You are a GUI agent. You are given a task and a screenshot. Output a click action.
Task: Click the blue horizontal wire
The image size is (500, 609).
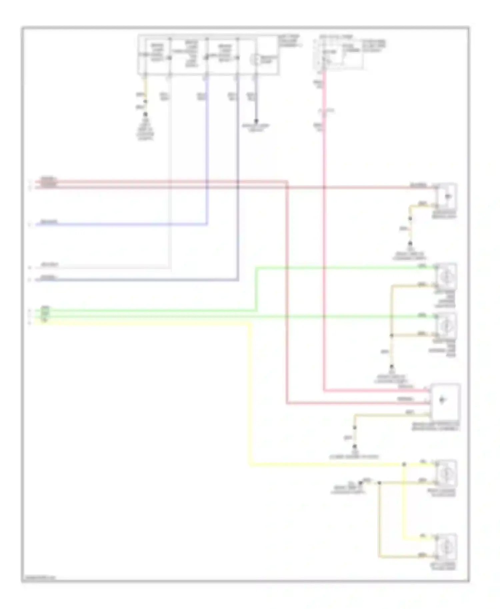[120, 225]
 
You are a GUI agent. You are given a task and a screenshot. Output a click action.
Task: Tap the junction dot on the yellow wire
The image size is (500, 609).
[404, 464]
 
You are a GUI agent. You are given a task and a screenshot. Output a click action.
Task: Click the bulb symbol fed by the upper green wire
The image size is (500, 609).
[446, 277]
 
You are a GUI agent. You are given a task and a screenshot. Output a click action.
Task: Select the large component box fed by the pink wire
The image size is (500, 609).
[445, 401]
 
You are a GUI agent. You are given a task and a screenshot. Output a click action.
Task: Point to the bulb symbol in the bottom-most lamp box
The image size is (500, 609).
[446, 547]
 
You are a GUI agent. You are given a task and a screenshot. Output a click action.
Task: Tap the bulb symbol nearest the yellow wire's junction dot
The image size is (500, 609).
[446, 473]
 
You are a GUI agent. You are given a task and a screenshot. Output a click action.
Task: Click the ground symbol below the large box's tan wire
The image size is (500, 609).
[355, 446]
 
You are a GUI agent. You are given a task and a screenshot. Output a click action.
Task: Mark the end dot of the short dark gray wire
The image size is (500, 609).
[256, 121]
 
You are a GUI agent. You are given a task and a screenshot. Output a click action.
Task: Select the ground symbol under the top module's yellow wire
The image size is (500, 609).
[145, 114]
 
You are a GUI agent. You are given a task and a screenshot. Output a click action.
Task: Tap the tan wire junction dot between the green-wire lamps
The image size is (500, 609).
[392, 335]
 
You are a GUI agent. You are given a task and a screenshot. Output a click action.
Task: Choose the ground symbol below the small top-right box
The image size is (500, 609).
[410, 244]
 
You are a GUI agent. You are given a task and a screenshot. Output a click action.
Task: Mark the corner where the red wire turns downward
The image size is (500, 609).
[287, 182]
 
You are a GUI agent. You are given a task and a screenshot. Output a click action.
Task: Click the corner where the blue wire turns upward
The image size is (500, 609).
[207, 225]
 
